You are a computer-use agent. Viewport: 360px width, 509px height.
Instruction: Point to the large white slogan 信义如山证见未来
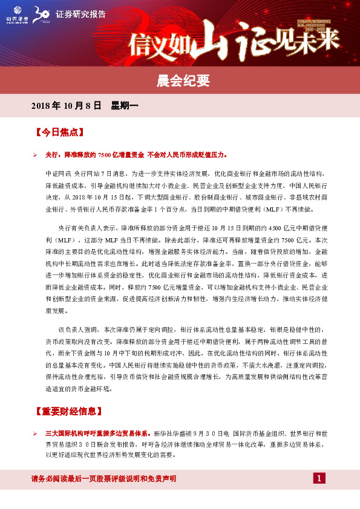point(236,41)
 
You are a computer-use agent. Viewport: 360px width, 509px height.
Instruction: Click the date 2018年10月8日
point(65,106)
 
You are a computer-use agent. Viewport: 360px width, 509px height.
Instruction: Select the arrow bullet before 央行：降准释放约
point(36,155)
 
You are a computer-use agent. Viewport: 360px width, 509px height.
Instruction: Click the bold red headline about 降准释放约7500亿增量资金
point(136,155)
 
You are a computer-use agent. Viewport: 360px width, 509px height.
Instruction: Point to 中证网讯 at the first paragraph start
point(55,173)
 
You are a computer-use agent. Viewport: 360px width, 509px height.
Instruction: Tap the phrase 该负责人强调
point(77,329)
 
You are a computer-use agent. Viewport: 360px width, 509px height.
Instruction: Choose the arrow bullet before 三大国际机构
point(36,434)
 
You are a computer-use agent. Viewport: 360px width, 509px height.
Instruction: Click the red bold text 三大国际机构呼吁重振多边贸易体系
point(98,434)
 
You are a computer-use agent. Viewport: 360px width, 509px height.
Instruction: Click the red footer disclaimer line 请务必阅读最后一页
point(103,479)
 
